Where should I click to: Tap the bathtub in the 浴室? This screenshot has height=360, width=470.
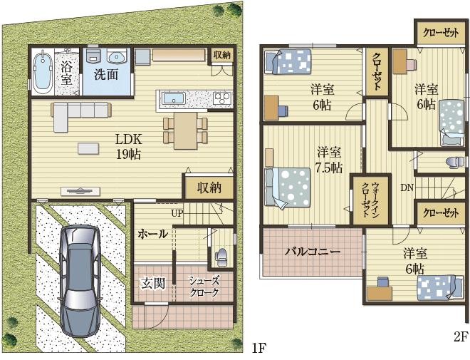(42, 71)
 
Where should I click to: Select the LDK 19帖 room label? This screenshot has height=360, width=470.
(129, 147)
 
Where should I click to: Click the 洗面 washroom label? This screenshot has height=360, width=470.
(106, 75)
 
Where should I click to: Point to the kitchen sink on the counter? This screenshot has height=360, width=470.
(173, 98)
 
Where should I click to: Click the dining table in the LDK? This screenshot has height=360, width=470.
(186, 130)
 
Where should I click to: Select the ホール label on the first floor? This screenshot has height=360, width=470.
(152, 234)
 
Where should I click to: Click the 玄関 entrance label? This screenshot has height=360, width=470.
(154, 284)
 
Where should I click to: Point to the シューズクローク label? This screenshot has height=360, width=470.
(204, 287)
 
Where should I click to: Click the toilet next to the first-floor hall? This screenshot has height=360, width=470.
(221, 255)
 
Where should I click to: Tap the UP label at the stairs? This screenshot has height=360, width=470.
(177, 213)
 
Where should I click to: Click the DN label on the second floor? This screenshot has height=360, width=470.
(407, 188)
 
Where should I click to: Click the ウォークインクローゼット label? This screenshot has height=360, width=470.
(371, 200)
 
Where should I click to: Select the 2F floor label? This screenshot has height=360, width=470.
(461, 338)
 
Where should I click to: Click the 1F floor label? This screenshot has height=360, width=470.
(259, 348)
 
